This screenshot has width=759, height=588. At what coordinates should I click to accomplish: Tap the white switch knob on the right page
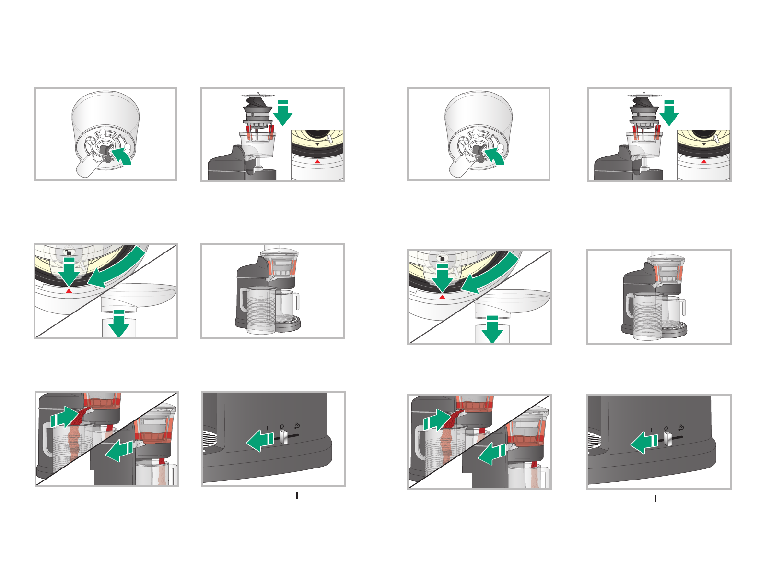(668, 439)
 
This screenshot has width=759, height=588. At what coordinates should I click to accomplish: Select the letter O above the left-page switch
(282, 427)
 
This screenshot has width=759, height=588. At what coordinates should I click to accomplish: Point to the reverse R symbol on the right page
(681, 428)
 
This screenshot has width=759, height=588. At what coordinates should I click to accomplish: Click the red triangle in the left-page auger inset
(317, 161)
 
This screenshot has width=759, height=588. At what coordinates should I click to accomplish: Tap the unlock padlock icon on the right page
(442, 258)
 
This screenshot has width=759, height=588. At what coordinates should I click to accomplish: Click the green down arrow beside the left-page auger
(282, 113)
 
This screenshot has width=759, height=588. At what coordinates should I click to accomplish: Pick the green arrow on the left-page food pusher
(119, 324)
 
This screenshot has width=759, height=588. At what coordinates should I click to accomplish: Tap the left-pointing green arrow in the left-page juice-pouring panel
(120, 451)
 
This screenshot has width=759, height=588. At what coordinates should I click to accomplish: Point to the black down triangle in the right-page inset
(704, 144)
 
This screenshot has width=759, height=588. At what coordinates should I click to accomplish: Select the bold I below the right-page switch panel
(656, 499)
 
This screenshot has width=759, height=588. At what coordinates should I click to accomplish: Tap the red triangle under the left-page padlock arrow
(69, 290)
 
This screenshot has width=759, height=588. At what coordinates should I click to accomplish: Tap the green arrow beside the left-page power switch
(260, 441)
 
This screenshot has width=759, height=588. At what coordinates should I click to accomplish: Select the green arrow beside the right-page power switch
(644, 443)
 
